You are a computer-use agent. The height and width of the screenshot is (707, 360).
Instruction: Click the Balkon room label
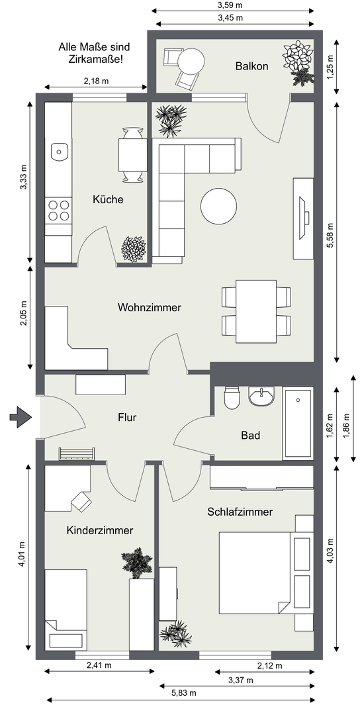(252, 66)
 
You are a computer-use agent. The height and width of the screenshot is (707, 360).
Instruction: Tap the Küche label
(108, 199)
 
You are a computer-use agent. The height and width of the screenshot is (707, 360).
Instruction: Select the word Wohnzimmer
(149, 308)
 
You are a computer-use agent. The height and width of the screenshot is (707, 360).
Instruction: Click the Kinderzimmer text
(99, 530)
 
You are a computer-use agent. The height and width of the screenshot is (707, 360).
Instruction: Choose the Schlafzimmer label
(240, 512)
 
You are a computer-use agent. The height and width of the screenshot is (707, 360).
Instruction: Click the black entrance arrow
(21, 416)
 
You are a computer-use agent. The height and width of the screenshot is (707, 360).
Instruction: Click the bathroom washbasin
(261, 396)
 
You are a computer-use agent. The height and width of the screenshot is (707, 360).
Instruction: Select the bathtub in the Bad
(298, 423)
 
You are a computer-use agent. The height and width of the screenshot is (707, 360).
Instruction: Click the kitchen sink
(60, 152)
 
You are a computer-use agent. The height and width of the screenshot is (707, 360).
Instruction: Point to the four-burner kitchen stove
(59, 210)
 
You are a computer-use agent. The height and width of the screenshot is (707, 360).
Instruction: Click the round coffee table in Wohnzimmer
(218, 206)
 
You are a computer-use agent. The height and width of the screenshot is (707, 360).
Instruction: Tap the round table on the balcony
(191, 60)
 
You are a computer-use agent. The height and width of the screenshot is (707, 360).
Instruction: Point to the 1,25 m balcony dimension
(331, 67)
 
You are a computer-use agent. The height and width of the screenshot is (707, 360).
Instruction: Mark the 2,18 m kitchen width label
(97, 81)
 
